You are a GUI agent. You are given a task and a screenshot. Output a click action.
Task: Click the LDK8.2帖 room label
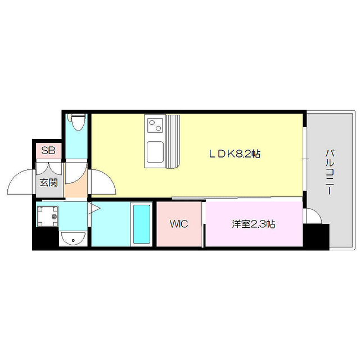tap(235, 154)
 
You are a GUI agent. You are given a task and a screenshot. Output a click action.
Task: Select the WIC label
tap(179, 224)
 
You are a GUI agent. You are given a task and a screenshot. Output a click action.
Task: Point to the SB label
tap(47, 151)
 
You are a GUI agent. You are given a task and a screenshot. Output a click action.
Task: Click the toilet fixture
tap(76, 123)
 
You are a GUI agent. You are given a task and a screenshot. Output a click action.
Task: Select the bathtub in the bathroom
tap(141, 224)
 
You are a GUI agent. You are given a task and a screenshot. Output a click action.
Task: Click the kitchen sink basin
tap(155, 151)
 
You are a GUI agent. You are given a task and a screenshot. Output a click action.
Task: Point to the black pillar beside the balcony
tap(315, 236)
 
